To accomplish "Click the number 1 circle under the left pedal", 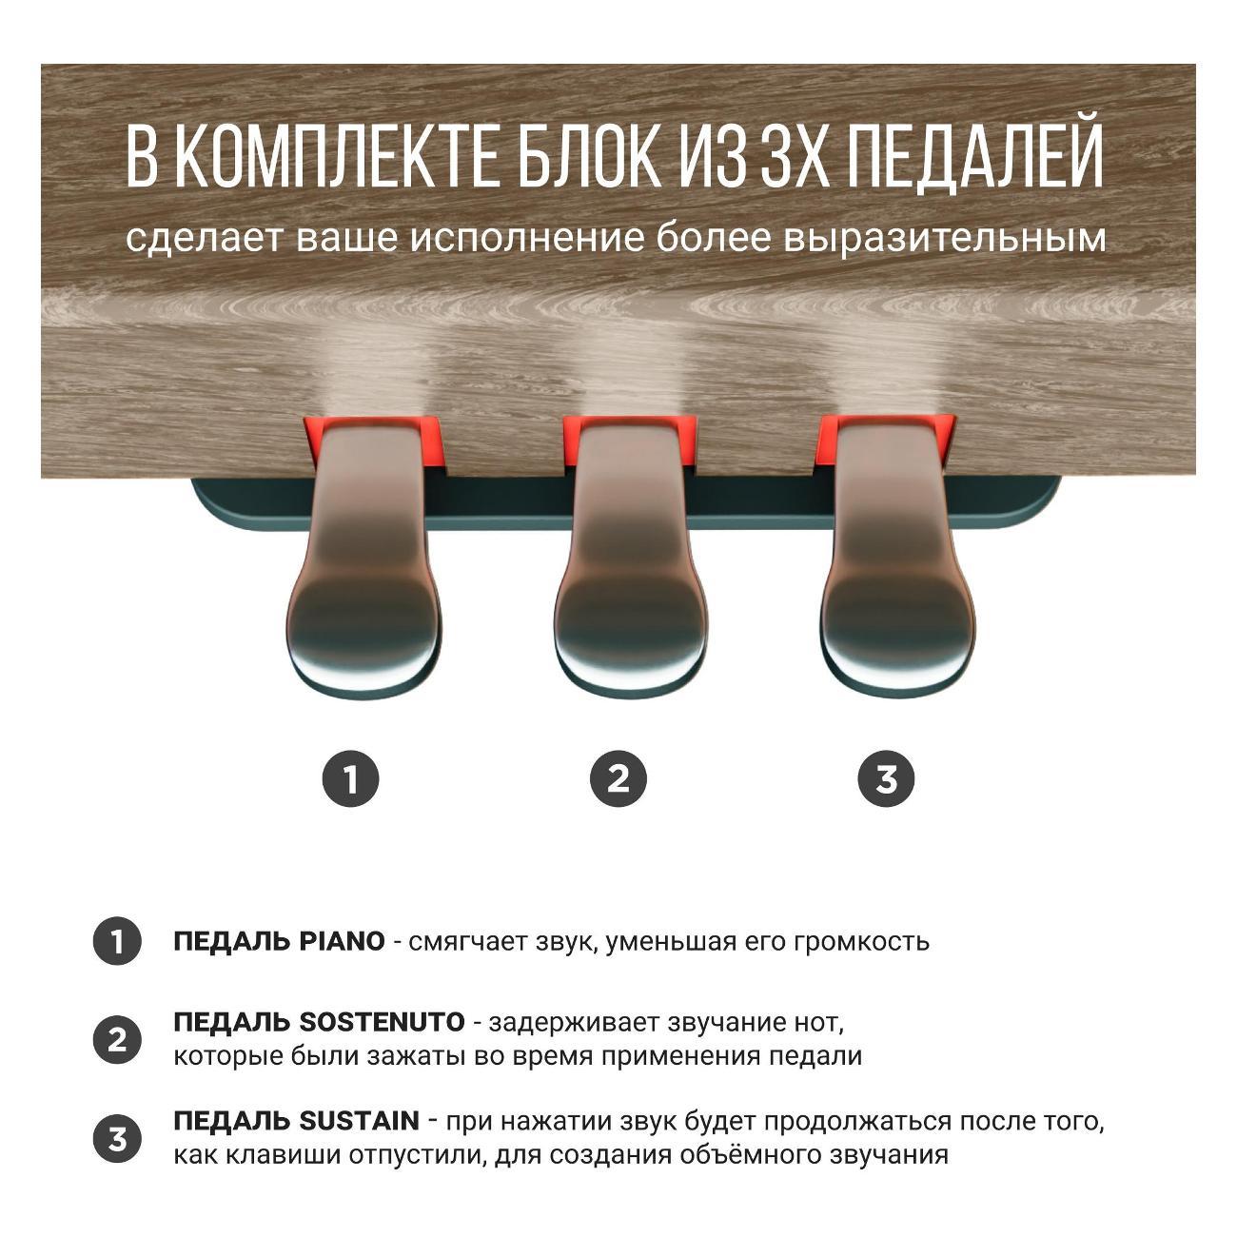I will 350,779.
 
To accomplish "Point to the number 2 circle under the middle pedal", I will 618,779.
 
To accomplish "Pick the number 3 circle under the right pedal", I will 886,779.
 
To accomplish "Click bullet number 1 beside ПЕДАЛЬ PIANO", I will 117,942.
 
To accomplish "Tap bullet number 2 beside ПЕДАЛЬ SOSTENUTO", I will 117,1039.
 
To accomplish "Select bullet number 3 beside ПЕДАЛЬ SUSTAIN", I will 117,1138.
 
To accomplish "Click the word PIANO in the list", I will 342,942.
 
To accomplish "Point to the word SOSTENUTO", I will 382,1023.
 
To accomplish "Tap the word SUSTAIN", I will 359,1121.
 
